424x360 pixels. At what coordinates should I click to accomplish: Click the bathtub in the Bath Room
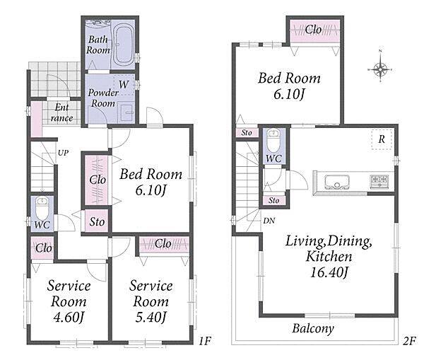pos(123,45)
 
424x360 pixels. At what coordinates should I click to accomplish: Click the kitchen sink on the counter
pos(337,182)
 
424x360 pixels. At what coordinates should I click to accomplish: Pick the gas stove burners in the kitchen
pos(379,181)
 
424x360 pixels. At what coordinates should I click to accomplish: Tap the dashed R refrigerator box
pos(382,139)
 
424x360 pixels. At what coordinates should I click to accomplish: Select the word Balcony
pos(313,329)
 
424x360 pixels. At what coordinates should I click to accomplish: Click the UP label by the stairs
pos(63,153)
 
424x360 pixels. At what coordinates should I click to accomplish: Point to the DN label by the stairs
pos(269,221)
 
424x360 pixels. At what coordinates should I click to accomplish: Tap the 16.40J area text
pos(329,272)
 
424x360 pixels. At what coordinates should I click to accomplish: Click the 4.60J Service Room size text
pos(69,317)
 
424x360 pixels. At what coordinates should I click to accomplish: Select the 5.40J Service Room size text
pos(151,317)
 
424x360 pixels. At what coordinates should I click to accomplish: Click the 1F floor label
pos(204,341)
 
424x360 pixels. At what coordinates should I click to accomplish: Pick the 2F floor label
pos(409,341)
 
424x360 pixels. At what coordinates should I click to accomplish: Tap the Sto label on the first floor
pos(97,222)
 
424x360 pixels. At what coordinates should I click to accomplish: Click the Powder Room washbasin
pos(126,112)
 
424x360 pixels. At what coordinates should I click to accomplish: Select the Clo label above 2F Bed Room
pos(313,30)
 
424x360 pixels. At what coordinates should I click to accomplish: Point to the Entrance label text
pos(61,112)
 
